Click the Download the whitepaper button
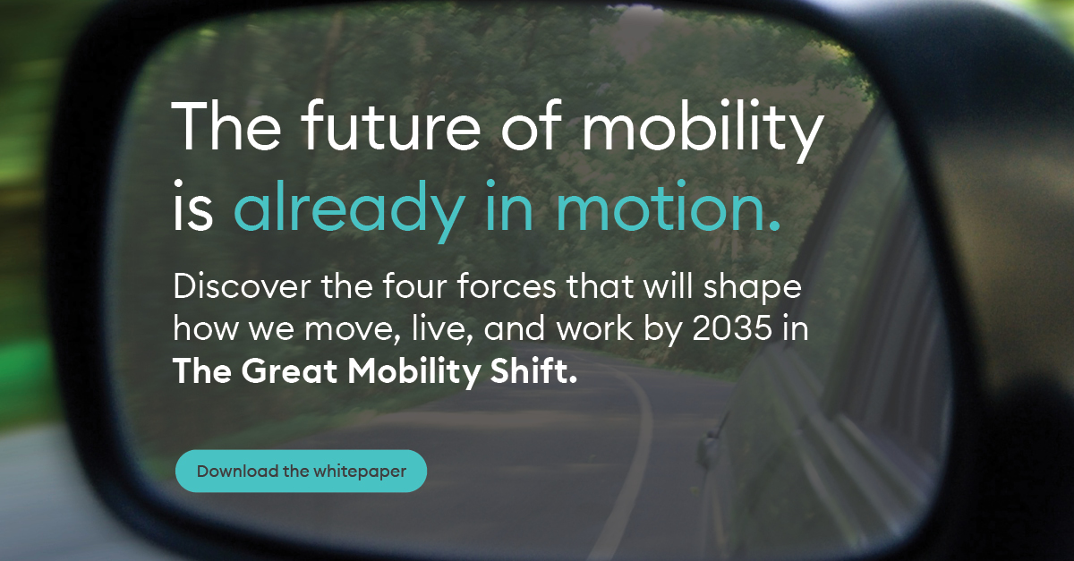301,471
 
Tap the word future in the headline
390,125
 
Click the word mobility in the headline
703,131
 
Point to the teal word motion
668,206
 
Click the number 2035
732,328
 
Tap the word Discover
242,286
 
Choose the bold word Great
290,370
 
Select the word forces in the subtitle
507,286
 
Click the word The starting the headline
226,125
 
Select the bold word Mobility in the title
413,372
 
